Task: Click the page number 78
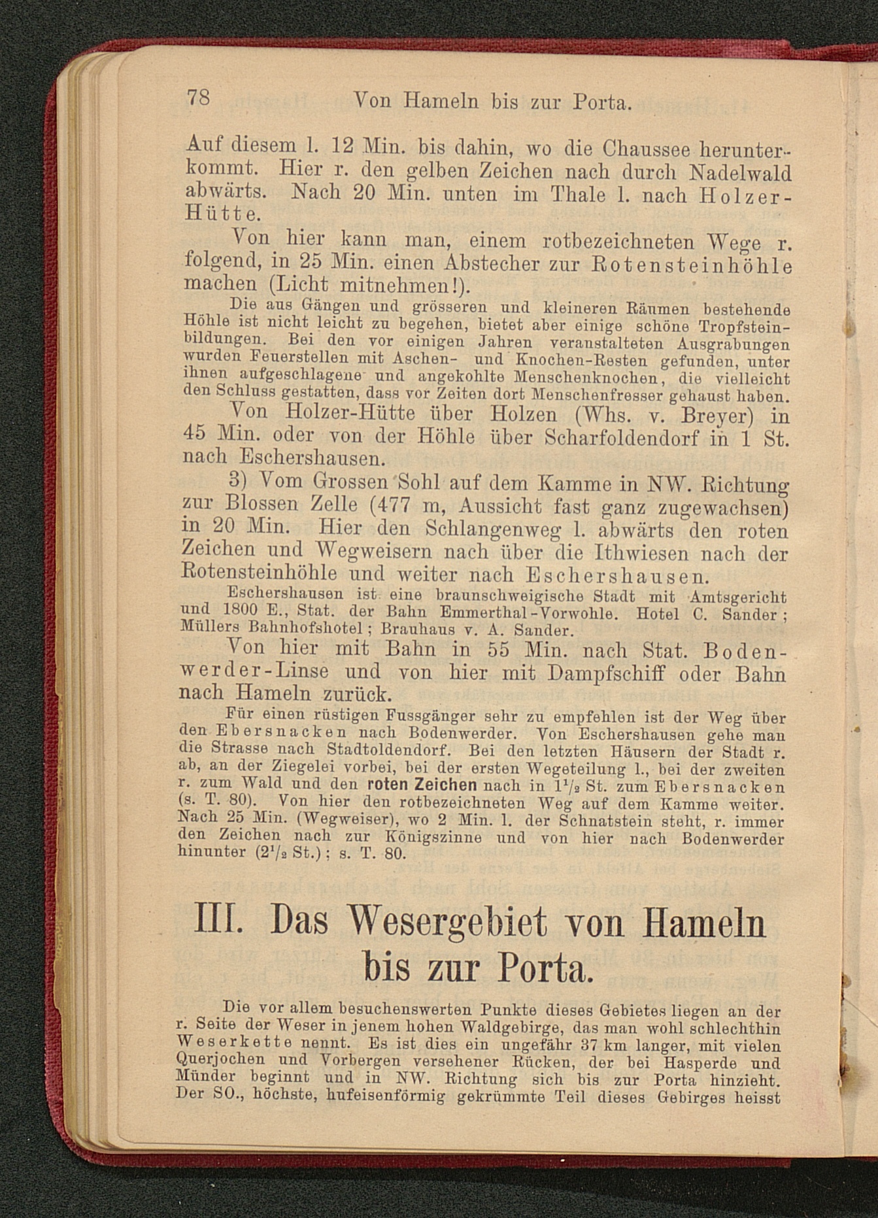coord(198,97)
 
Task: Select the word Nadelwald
coord(741,173)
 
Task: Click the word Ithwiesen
coord(642,553)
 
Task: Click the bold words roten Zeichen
coord(422,785)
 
